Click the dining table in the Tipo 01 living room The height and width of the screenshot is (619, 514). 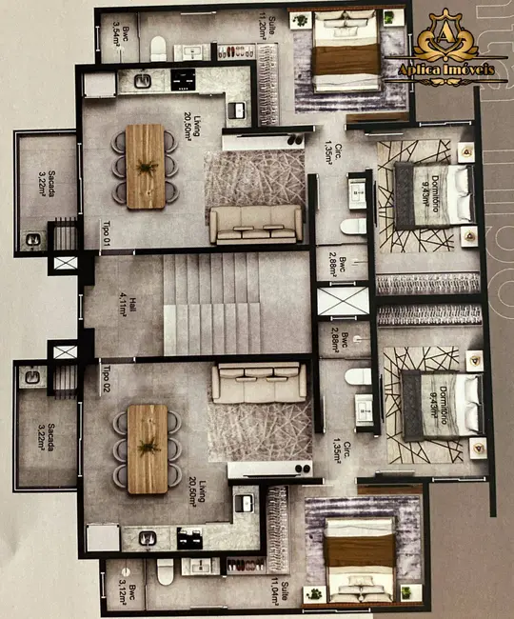146,167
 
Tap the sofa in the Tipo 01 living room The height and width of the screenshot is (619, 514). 256,225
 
